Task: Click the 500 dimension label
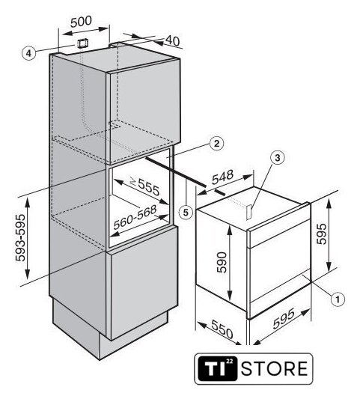point(81,22)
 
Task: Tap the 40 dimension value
point(173,40)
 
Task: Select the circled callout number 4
point(28,53)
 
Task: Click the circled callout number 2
point(216,144)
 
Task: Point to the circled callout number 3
point(278,158)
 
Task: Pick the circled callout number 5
point(186,213)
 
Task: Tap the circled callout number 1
point(338,299)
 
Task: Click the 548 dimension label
point(223,177)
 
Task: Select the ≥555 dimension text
point(144,186)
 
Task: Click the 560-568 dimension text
point(135,217)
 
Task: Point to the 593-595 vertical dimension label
point(21,238)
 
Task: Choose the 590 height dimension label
point(222,262)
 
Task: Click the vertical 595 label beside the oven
point(322,234)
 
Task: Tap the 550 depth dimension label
point(222,329)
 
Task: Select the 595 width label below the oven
point(284,319)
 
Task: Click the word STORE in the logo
point(275,368)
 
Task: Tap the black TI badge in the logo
point(217,368)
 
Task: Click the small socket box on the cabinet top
point(82,43)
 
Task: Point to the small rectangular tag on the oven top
point(249,212)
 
